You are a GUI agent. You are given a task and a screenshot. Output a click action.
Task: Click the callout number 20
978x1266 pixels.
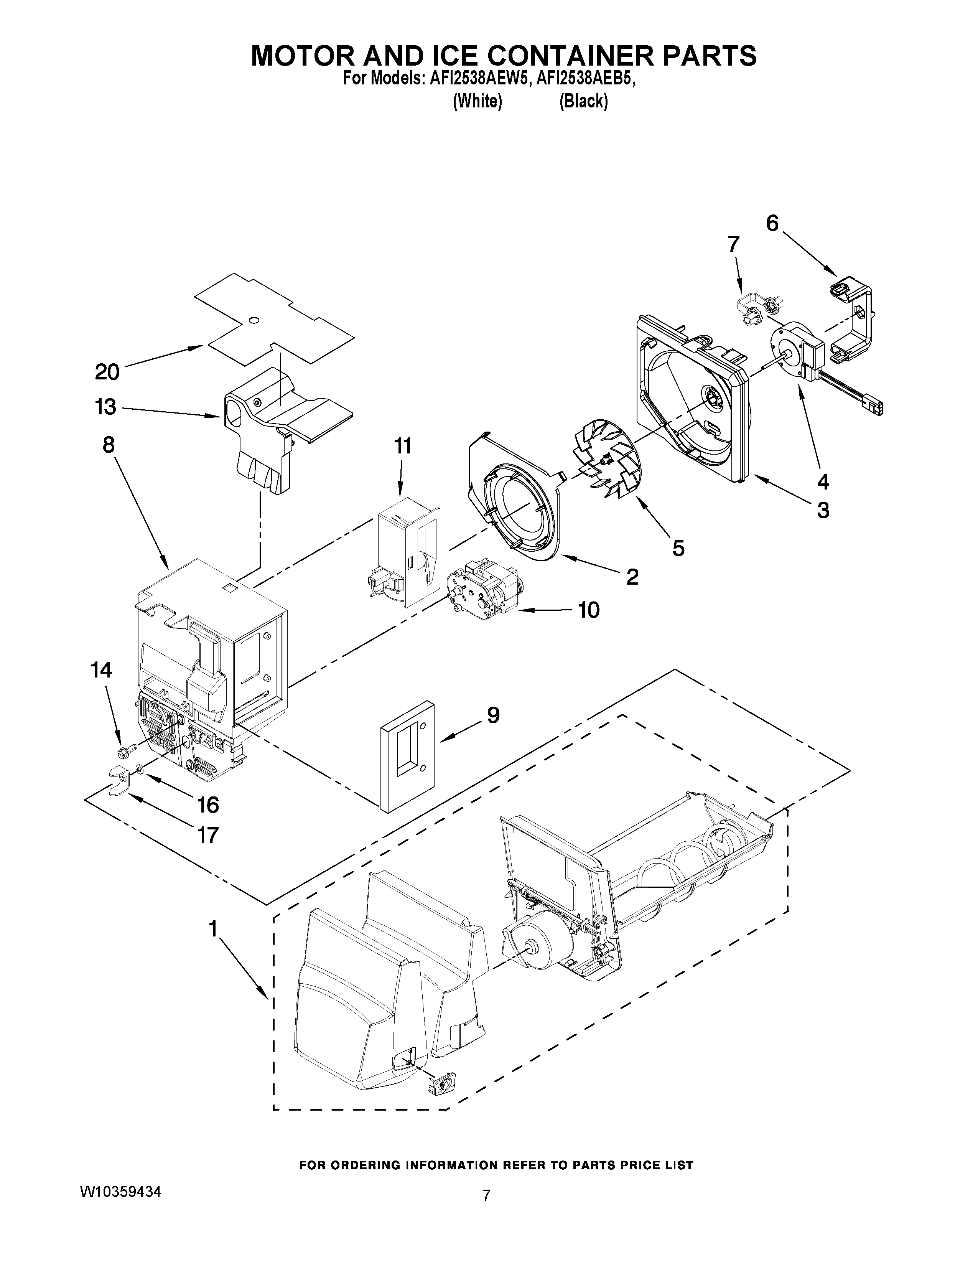pyautogui.click(x=107, y=372)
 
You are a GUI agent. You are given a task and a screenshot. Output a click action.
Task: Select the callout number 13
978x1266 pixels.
pyautogui.click(x=106, y=407)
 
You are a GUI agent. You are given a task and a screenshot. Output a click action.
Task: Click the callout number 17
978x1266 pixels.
pyautogui.click(x=207, y=835)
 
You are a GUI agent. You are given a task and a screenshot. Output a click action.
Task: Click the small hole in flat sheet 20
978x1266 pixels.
pyautogui.click(x=253, y=320)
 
